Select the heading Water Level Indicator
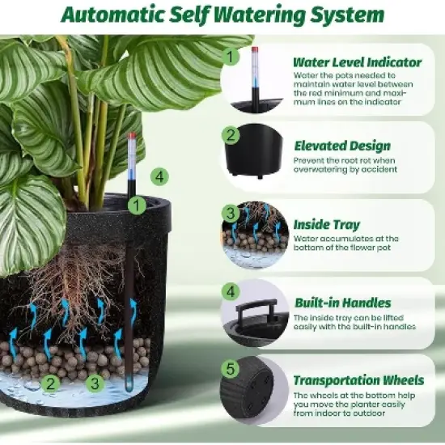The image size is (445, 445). [x=357, y=61]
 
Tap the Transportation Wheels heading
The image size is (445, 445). [x=358, y=380]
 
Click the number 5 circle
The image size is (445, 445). [x=231, y=370]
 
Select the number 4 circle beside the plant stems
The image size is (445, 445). [x=159, y=176]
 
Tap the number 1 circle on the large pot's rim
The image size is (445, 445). [x=138, y=206]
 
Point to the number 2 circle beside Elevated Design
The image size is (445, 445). [x=231, y=135]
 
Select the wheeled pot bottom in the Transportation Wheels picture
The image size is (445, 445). [x=253, y=394]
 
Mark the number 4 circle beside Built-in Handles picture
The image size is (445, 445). [x=231, y=292]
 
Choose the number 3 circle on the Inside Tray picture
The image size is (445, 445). [x=231, y=214]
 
